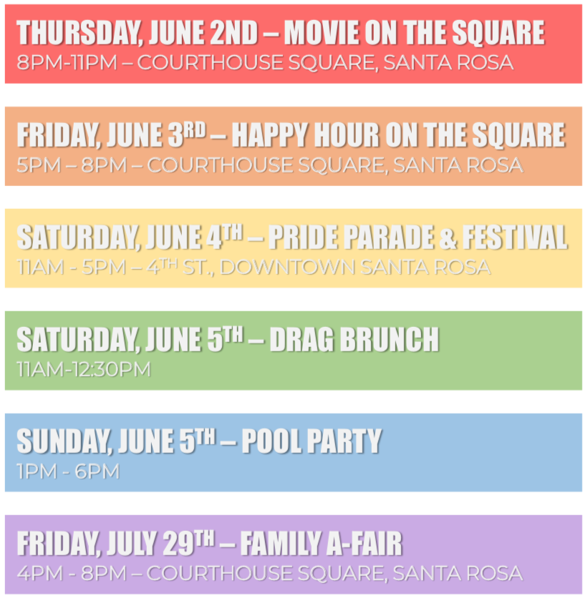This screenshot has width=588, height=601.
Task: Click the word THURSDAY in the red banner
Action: pos(78,33)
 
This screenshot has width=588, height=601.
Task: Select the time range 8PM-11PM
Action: pos(67,62)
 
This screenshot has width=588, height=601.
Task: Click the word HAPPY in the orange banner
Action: pos(269,135)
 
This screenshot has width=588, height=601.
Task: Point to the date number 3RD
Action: pos(187,135)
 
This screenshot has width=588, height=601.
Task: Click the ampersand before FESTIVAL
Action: pos(448,238)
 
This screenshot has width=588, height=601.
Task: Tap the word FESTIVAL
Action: pos(515,238)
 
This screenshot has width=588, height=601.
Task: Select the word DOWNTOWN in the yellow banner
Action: pos(287,267)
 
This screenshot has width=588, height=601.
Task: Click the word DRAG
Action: pos(302,340)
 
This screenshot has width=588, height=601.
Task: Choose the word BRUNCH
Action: pos(390,340)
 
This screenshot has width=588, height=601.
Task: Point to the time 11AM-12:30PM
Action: pos(84,369)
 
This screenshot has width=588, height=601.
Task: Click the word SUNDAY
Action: pos(64,441)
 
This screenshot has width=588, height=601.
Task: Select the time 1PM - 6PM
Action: pos(68,471)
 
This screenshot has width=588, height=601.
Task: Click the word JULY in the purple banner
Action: pos(132,544)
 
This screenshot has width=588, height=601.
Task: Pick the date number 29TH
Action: pos(188,543)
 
